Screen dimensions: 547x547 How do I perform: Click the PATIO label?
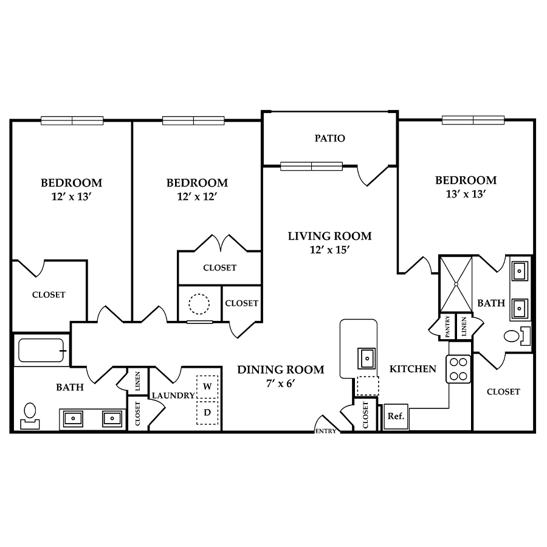pyautogui.click(x=329, y=139)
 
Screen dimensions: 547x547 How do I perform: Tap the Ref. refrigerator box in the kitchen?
pyautogui.click(x=396, y=416)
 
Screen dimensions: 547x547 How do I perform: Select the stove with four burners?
pyautogui.click(x=458, y=369)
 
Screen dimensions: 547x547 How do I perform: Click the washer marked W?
pyautogui.click(x=207, y=387)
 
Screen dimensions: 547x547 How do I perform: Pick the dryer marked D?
pyautogui.click(x=207, y=413)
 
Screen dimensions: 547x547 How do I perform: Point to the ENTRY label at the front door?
pyautogui.click(x=326, y=431)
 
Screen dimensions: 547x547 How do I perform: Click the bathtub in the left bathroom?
pyautogui.click(x=42, y=350)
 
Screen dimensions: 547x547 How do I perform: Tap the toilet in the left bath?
pyautogui.click(x=30, y=415)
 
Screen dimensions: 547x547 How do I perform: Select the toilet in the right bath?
pyautogui.click(x=517, y=336)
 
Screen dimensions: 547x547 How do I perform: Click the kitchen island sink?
pyautogui.click(x=366, y=358)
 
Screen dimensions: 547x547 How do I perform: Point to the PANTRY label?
pyautogui.click(x=447, y=326)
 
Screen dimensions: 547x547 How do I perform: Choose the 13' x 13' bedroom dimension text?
pyautogui.click(x=466, y=194)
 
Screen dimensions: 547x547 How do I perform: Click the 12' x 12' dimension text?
pyautogui.click(x=197, y=197)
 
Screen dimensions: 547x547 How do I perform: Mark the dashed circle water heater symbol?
pyautogui.click(x=199, y=304)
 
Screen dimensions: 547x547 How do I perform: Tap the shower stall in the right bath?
pyautogui.click(x=456, y=284)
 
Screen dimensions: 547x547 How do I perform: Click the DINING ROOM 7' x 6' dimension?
pyautogui.click(x=281, y=384)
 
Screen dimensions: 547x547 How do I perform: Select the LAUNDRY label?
pyautogui.click(x=173, y=396)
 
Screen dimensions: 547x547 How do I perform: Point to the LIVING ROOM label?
pyautogui.click(x=329, y=236)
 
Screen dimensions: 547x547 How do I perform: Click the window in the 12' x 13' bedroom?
pyautogui.click(x=72, y=121)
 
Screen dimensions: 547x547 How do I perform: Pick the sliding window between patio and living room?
pyautogui.click(x=312, y=167)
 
